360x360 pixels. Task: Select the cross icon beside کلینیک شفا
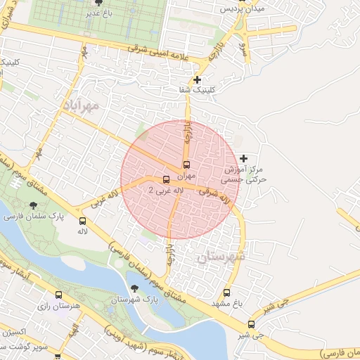click(198, 80)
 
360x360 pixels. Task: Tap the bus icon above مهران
click(186, 164)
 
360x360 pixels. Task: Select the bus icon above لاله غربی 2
click(166, 179)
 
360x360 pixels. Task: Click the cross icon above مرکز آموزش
click(244, 159)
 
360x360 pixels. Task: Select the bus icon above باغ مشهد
click(226, 292)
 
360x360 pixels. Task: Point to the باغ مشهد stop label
click(225, 304)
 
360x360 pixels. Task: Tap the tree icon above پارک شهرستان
click(134, 288)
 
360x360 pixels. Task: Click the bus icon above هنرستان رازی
click(58, 295)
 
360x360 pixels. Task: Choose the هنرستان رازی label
click(57, 307)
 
